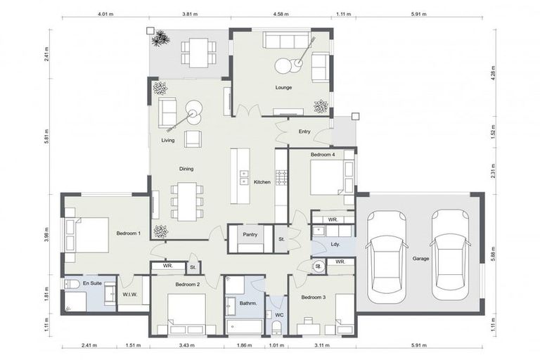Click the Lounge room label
click(283, 88)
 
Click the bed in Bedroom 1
click(87, 234)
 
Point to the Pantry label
click(250, 234)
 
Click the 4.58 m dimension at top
click(281, 13)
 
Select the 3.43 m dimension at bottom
click(187, 345)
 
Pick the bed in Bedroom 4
click(327, 178)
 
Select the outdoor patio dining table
click(198, 51)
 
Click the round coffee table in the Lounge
click(283, 66)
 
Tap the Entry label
click(304, 131)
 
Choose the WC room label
click(278, 314)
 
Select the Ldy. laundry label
click(335, 244)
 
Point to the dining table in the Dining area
click(187, 201)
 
